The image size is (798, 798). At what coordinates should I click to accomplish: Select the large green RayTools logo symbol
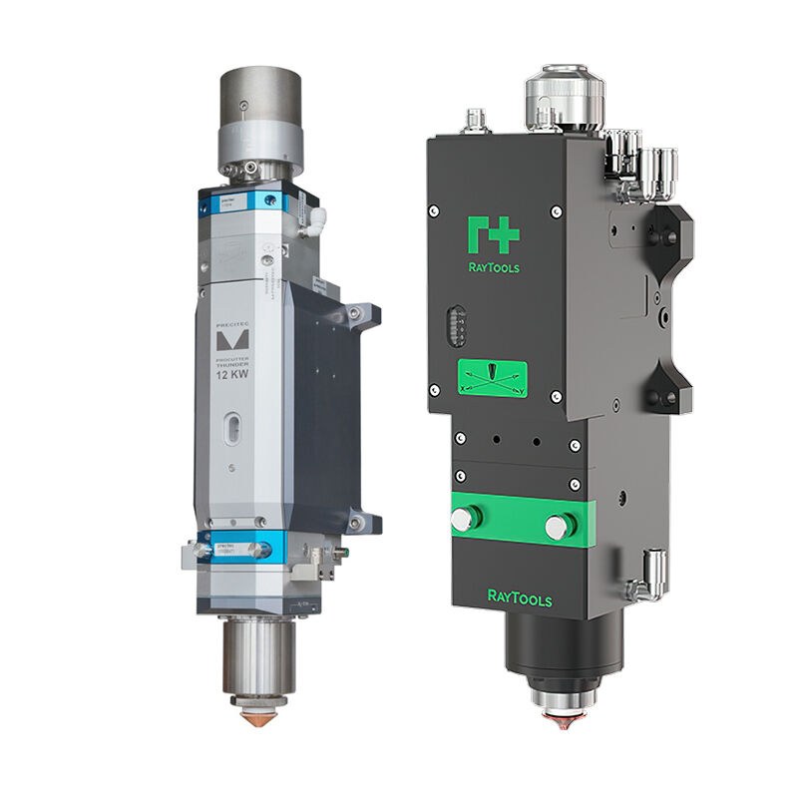(493, 234)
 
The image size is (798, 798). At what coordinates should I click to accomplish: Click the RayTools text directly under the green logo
(493, 267)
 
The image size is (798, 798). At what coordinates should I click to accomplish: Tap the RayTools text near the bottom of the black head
(519, 598)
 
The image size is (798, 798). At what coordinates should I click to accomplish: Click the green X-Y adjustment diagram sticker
(493, 378)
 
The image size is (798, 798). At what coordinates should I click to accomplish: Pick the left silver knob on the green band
(464, 519)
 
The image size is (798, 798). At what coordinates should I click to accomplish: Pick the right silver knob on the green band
(559, 525)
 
